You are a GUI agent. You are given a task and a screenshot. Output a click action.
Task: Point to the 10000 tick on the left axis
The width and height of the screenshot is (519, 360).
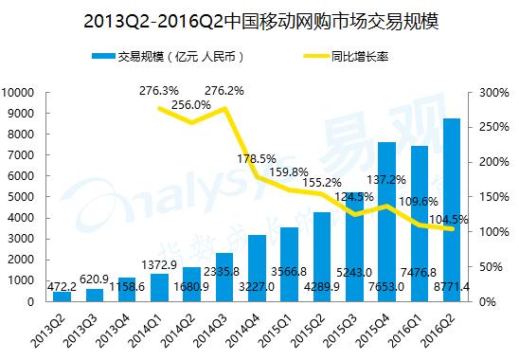[x=20, y=93]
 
